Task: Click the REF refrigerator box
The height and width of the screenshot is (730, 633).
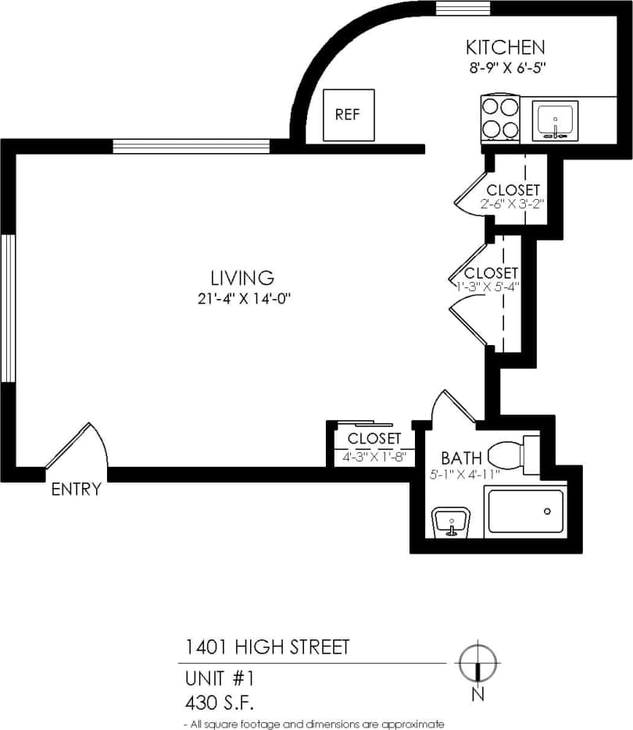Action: pyautogui.click(x=349, y=115)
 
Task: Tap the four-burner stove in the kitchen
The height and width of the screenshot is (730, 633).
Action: pyautogui.click(x=500, y=118)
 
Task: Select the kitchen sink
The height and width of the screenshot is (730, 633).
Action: pyautogui.click(x=556, y=120)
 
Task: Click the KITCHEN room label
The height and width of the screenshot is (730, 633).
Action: pyautogui.click(x=505, y=47)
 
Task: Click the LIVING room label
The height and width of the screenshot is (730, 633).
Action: pyautogui.click(x=242, y=277)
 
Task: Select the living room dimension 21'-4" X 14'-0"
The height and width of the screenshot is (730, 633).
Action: pyautogui.click(x=244, y=297)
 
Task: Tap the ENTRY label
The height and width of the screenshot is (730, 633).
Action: pyautogui.click(x=76, y=490)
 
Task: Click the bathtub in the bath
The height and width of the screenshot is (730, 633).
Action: pyautogui.click(x=524, y=512)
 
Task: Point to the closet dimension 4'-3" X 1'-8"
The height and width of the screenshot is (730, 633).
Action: pyautogui.click(x=374, y=457)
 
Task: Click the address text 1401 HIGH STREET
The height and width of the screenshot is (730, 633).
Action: pyautogui.click(x=266, y=647)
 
